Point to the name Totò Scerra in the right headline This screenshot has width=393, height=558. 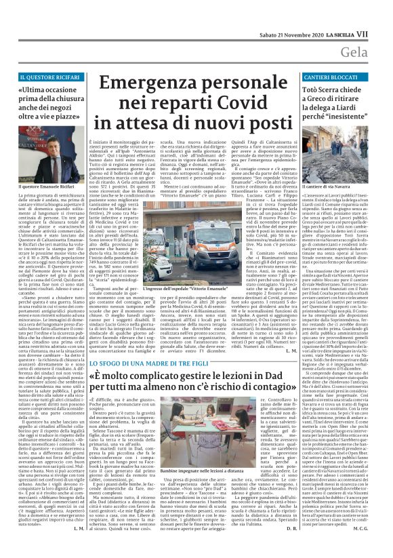[x=325, y=91]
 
